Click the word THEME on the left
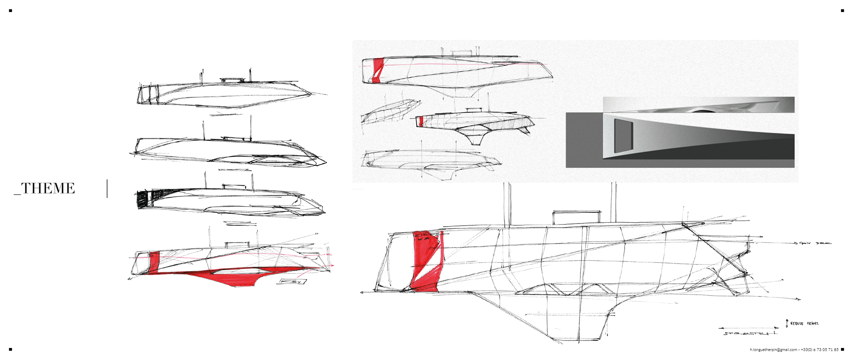pyautogui.click(x=48, y=188)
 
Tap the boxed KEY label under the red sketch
pyautogui.click(x=291, y=282)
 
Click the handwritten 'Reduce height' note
pyautogui.click(x=804, y=324)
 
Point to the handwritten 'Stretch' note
pyautogui.click(x=750, y=333)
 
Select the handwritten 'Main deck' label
pyautogui.click(x=816, y=243)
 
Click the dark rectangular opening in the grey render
pyautogui.click(x=623, y=135)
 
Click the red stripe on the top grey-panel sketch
pyautogui.click(x=378, y=70)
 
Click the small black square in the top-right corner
pyautogui.click(x=842, y=10)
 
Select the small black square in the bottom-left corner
pyautogui.click(x=10, y=349)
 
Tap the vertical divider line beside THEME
pyautogui.click(x=107, y=188)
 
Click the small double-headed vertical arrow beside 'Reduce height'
pyautogui.click(x=787, y=323)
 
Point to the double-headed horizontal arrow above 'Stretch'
pyautogui.click(x=748, y=328)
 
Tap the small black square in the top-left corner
pyautogui.click(x=10, y=10)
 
